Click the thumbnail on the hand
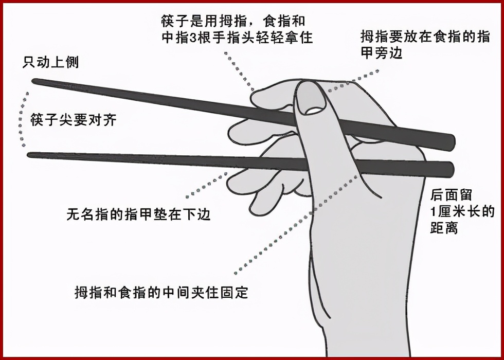coord(311,98)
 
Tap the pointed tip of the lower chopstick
coord(28,155)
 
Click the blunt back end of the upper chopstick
coord(453,143)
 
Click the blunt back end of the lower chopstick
coord(452,169)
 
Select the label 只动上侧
coord(50,62)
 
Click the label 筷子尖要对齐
coord(73,120)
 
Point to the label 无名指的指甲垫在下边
coord(138,214)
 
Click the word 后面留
coord(451,195)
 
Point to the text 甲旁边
coord(382,52)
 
